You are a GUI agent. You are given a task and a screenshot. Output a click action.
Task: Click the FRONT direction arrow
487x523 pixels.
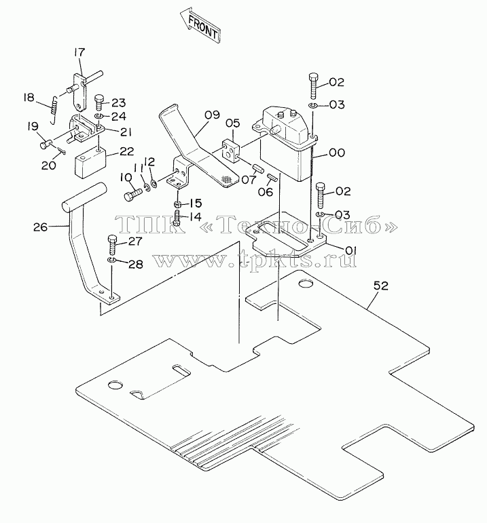tap(200, 26)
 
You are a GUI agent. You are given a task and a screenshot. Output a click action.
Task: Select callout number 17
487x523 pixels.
tap(79, 52)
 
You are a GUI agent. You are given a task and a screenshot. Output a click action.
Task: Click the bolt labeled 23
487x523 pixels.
tap(99, 102)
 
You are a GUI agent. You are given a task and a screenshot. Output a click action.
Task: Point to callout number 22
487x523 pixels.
tap(126, 151)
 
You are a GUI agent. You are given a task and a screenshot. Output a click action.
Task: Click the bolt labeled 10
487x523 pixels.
tap(132, 195)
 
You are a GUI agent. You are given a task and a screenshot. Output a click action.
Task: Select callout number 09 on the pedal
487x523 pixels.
tap(212, 115)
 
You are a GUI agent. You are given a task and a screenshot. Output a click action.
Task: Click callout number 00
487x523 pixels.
tap(337, 153)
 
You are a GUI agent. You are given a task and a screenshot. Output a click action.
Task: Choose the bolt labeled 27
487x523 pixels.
tap(113, 246)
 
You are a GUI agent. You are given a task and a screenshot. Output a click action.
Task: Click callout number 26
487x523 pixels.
tap(41, 227)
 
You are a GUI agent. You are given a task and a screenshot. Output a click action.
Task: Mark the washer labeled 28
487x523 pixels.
tap(111, 260)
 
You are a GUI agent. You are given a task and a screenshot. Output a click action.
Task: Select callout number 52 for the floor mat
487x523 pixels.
tap(381, 286)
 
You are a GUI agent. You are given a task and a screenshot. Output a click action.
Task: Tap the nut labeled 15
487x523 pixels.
tap(178, 204)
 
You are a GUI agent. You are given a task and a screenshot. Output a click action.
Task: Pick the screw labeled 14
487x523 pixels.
tap(177, 218)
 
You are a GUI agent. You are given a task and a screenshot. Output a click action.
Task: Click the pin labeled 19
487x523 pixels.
tap(45, 144)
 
